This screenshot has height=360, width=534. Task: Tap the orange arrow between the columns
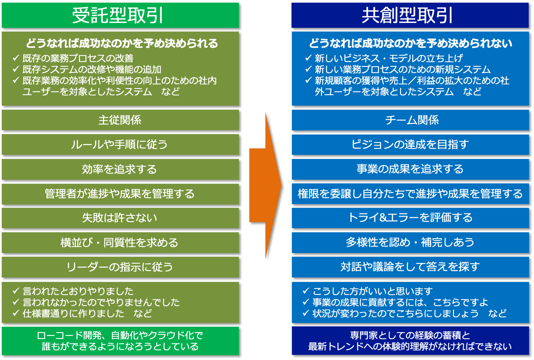coord(265,185)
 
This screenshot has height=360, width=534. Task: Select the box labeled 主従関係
coord(120,120)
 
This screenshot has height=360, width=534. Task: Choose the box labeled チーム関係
coord(410,120)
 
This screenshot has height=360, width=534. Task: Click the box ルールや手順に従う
coord(120,144)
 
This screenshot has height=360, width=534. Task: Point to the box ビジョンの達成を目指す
coord(410,144)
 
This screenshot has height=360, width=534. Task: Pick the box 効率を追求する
coord(120,169)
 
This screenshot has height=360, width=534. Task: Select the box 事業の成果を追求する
coord(410,169)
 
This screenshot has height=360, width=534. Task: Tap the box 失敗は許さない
coord(120,218)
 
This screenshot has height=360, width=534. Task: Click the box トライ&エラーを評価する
coord(410,218)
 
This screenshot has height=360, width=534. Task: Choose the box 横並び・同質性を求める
coord(120,243)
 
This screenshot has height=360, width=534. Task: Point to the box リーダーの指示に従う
coord(120,267)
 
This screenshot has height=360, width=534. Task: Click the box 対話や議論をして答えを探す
coord(410,267)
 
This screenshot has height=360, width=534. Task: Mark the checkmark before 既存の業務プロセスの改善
coord(16,58)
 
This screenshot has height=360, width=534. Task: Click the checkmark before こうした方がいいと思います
coord(306,291)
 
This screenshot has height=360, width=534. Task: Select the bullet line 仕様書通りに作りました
coord(73,313)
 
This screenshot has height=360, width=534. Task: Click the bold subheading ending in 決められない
coord(410,43)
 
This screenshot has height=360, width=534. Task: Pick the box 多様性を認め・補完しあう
coord(410,243)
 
